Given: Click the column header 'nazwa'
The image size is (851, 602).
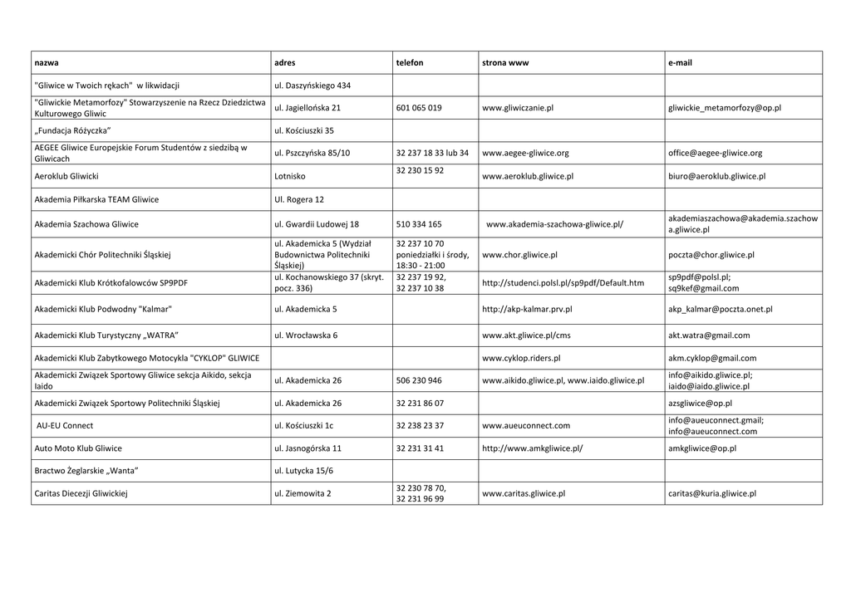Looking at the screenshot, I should coord(47,63).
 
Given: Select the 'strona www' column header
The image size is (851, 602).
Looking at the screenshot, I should coord(505,63).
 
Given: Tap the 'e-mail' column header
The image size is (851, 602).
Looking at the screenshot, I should coord(680,63).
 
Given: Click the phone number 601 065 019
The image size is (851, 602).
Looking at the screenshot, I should coord(419,108).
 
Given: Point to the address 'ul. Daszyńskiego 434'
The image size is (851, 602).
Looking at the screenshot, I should coord(312,86).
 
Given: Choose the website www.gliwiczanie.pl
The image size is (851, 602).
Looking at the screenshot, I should coord(518,108).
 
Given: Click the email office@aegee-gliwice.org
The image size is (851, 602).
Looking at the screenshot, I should coord(715,154).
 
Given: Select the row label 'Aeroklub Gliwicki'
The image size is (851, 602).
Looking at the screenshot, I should coord(66,177).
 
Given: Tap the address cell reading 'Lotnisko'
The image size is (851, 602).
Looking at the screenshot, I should coord(290,177).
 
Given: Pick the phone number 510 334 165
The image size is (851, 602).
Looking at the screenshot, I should coord(419,224).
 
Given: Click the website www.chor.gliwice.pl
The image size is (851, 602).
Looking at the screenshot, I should coord(519,255).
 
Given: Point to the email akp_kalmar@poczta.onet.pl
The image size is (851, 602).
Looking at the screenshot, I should coord(720,309).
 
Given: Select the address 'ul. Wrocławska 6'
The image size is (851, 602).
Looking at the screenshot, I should coord(306,335).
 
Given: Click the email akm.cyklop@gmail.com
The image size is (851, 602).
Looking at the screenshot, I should coord(712,359).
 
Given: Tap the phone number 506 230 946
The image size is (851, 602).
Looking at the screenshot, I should coord(419,381).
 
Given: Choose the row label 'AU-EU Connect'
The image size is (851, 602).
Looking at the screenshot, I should coord(65,426).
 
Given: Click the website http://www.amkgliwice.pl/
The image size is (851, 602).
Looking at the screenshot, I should coord(532,448).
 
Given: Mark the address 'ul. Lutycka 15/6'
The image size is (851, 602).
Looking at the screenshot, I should coord(303,471).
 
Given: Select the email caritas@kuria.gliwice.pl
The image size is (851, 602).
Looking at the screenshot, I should coord(712,493).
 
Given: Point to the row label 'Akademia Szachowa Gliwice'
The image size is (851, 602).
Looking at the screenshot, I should coord(86,224).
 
